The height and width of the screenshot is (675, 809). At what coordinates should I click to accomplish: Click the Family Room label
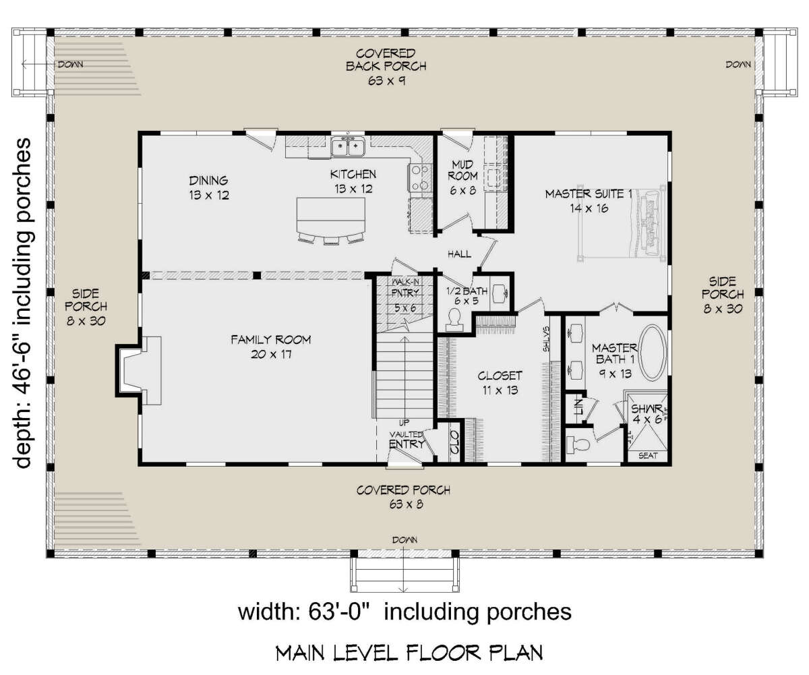click(x=271, y=347)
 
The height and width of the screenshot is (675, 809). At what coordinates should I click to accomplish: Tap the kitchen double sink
click(x=348, y=147)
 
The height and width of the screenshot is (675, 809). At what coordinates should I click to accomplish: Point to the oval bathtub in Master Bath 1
click(x=653, y=352)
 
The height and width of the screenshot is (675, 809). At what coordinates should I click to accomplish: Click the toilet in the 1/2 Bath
click(x=454, y=320)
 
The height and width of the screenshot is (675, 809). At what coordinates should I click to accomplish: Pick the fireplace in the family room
click(x=139, y=371)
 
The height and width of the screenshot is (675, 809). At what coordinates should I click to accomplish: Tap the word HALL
click(x=460, y=254)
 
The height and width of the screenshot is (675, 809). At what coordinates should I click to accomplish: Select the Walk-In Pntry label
click(x=405, y=295)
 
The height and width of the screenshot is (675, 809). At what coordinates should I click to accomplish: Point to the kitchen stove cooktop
click(x=419, y=177)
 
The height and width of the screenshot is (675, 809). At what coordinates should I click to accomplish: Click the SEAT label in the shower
click(x=648, y=456)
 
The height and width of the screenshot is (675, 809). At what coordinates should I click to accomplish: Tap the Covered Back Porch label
click(x=386, y=67)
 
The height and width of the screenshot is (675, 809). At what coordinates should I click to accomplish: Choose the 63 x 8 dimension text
click(x=406, y=504)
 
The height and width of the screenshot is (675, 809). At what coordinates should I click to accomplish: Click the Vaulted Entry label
click(x=407, y=440)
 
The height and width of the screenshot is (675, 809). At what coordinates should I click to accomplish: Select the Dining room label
click(x=209, y=187)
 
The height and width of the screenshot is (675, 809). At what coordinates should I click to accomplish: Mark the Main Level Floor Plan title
click(x=409, y=653)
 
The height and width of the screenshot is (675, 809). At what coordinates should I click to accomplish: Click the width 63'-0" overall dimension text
click(x=404, y=612)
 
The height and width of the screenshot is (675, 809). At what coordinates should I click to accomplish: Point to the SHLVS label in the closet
click(x=546, y=339)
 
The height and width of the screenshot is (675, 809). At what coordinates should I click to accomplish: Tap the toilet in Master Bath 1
click(x=577, y=444)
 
